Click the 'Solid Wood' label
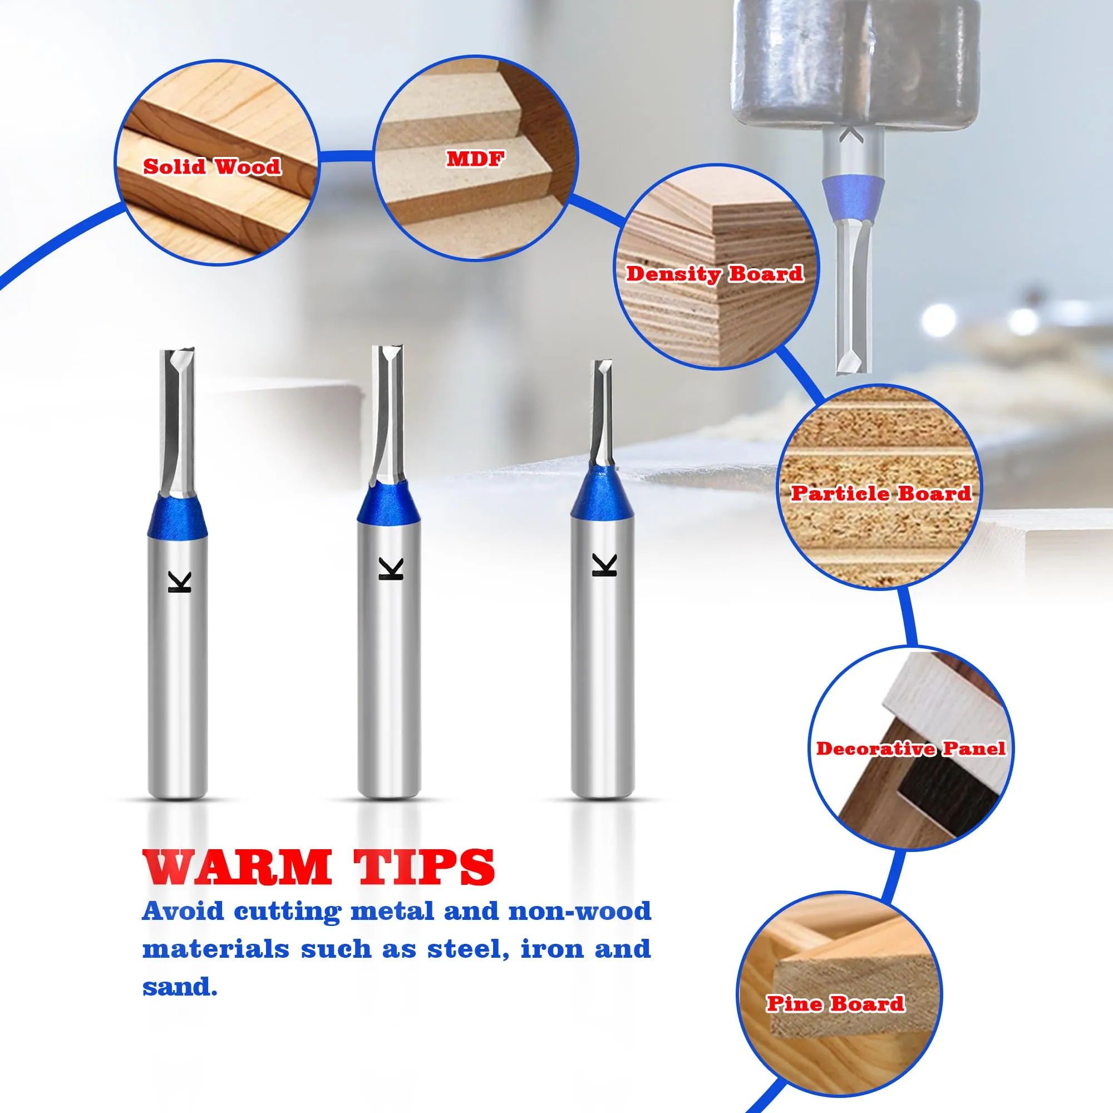[212, 166]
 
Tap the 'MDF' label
[475, 159]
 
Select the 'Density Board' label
[715, 274]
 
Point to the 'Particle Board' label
[881, 493]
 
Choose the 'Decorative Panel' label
[911, 748]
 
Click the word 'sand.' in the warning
[180, 986]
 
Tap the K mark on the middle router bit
[391, 568]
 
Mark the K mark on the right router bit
[605, 564]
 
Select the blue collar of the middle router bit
[390, 504]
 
